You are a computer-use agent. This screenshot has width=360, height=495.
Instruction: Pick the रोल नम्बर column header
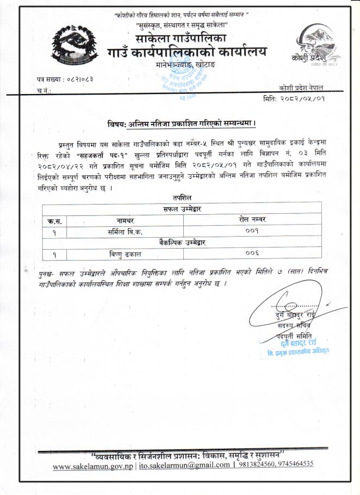252,219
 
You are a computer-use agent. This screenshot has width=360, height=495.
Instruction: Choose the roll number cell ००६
252,253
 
